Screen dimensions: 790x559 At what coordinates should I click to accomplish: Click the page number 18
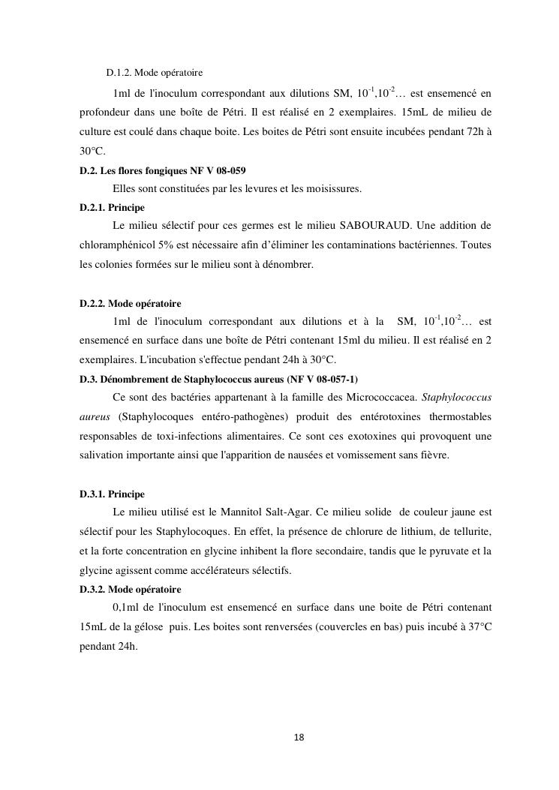click(299, 737)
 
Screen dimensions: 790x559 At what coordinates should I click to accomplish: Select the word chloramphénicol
click(116, 245)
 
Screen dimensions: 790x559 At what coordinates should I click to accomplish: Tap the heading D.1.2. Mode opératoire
click(155, 73)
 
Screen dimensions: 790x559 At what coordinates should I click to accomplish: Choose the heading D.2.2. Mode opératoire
click(130, 303)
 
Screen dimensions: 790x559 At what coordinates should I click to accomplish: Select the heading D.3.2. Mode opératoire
click(130, 589)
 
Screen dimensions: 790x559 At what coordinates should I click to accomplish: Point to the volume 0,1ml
click(127, 608)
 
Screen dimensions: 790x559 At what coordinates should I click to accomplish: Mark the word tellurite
click(469, 532)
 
